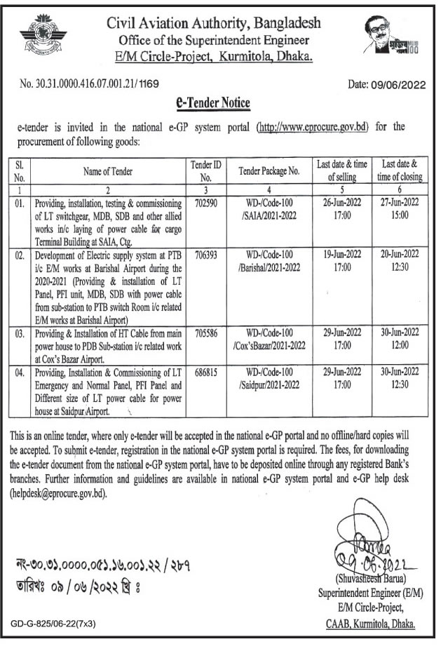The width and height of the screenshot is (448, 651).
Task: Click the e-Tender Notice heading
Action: (x=212, y=104)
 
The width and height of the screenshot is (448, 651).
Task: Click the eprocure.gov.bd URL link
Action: (x=313, y=127)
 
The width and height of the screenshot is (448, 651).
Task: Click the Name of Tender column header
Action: (x=108, y=170)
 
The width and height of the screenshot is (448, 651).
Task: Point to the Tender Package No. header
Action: (x=269, y=170)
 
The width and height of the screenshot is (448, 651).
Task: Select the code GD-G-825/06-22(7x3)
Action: (x=53, y=622)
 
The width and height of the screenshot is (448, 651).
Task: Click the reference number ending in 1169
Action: (x=89, y=84)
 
